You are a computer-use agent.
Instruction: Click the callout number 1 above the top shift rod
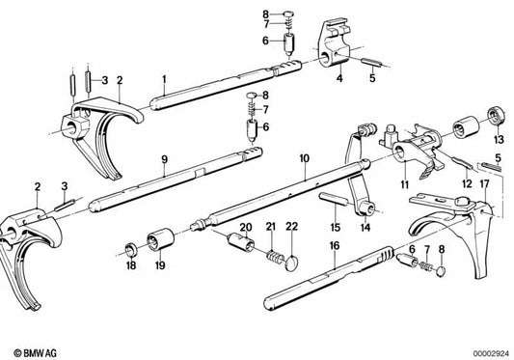pos(164,79)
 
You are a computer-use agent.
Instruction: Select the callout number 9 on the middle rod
pos(165,159)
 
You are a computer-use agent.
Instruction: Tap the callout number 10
pos(304,158)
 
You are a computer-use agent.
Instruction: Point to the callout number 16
pos(335,246)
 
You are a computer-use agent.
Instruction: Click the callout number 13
pos(499,140)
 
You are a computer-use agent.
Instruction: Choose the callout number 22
pos(292,227)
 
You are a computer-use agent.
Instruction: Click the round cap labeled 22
pos(291,264)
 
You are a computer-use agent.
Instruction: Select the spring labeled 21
pos(275,257)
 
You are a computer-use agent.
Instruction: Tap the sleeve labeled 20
pos(241,243)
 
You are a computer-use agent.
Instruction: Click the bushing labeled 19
pos(161,239)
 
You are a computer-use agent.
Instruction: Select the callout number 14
pos(365,227)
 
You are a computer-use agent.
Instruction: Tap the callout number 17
pos(484,183)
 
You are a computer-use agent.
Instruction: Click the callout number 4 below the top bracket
pos(339,78)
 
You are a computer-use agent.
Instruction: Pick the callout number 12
pos(467,183)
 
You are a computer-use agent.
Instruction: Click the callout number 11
pos(404,184)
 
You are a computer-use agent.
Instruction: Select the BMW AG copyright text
pos(36,353)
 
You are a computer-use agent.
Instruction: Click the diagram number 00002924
pos(492,354)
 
